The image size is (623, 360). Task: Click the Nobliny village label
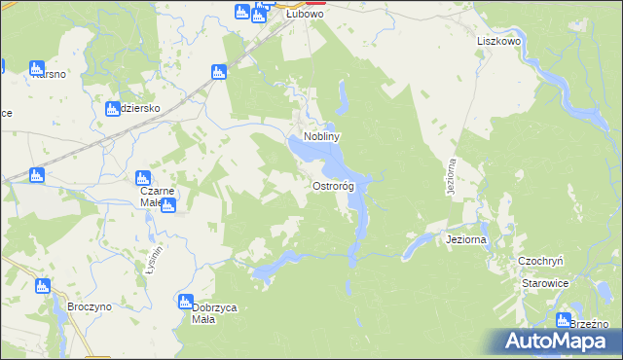click(321, 138)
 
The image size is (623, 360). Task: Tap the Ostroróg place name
click(333, 186)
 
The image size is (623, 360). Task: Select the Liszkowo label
click(501, 43)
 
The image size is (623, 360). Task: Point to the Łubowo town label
click(304, 16)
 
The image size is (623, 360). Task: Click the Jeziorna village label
click(464, 238)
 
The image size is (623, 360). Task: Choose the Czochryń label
click(542, 261)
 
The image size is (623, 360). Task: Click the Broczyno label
click(91, 306)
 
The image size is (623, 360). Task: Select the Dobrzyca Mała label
click(215, 313)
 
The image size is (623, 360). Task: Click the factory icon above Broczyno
click(42, 286)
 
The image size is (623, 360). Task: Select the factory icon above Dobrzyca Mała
click(186, 303)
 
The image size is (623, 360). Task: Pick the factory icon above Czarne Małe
click(143, 178)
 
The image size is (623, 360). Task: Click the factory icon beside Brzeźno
click(564, 320)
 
